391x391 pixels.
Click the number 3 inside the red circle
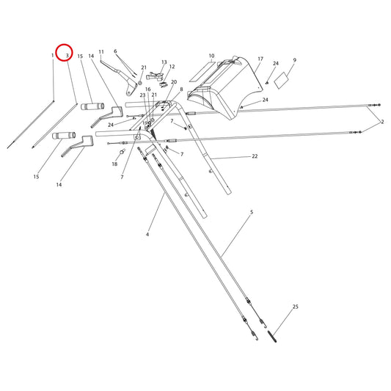(x=67, y=56)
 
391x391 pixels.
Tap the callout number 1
(x=53, y=55)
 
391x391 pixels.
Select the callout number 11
(x=101, y=52)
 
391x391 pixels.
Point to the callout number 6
(x=115, y=51)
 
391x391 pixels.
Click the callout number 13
(x=164, y=62)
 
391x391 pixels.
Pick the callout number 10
(x=211, y=56)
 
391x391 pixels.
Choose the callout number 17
(x=260, y=59)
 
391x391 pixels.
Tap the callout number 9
(x=295, y=60)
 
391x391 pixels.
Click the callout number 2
(x=382, y=122)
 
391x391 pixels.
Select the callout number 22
(x=255, y=156)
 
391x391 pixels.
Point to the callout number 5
(x=252, y=212)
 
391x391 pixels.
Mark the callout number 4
(x=147, y=235)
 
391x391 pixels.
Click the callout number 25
(x=295, y=307)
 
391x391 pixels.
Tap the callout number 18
(x=114, y=164)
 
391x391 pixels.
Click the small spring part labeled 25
(x=272, y=337)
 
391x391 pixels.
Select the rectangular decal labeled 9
(x=282, y=80)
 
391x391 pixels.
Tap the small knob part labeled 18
(x=122, y=150)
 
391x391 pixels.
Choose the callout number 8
(x=181, y=89)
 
